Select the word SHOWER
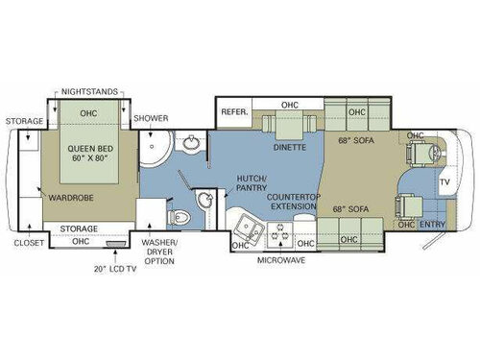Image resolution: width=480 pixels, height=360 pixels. click(x=151, y=118)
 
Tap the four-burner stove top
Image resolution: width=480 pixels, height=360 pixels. click(x=282, y=230)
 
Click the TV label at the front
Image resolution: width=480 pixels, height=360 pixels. click(x=444, y=181)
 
